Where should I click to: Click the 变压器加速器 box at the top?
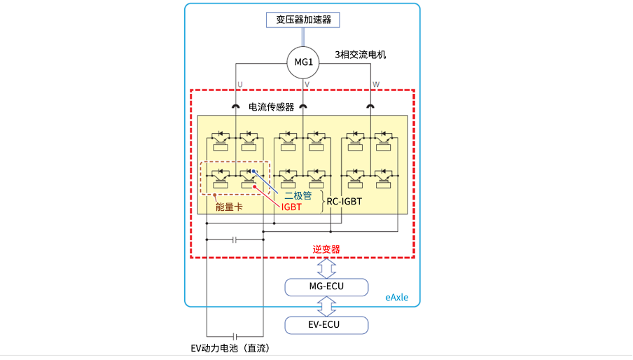tap(302, 20)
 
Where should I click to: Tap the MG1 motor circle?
tap(303, 62)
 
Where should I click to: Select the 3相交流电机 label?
tap(360, 55)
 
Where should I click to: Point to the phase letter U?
tap(239, 84)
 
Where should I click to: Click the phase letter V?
tap(307, 84)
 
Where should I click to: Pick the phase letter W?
tap(376, 84)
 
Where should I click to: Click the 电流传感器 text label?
tap(271, 107)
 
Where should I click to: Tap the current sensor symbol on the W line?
tap(370, 106)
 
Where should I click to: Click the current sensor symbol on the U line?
tap(236, 106)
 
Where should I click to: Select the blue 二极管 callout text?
tap(298, 195)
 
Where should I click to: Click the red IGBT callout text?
tap(291, 207)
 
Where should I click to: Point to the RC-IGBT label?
tap(345, 202)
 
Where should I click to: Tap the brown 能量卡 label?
tap(229, 207)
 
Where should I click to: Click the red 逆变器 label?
tap(326, 249)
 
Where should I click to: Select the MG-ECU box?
tap(326, 287)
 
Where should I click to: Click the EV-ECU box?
tap(326, 325)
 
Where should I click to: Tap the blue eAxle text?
tap(397, 298)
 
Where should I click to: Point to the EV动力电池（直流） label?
tap(230, 348)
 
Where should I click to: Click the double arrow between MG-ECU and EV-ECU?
tap(326, 306)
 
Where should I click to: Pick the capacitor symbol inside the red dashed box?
tap(235, 240)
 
